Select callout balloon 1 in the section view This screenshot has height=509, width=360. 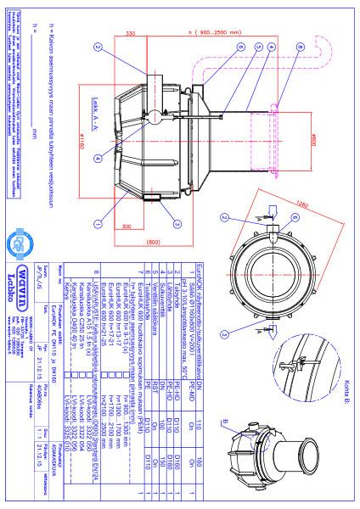(x=99, y=223)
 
